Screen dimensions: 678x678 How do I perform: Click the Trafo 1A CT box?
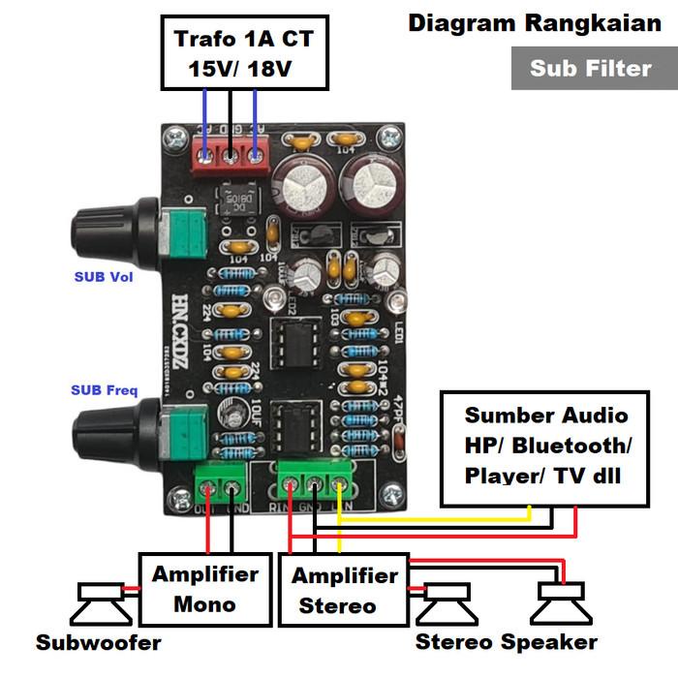[x=244, y=54]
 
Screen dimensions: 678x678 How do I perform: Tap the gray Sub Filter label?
[x=590, y=68]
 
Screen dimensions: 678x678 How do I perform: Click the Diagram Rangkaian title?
[x=534, y=23]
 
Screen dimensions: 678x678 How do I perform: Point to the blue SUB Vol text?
[x=104, y=276]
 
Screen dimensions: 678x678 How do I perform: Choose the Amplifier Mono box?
[x=204, y=589]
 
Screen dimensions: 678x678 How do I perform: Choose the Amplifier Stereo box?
[x=345, y=589]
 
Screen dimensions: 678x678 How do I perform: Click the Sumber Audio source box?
[x=545, y=447]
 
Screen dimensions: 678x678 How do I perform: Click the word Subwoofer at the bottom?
[x=98, y=642]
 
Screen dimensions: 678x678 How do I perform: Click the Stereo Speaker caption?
[x=506, y=642]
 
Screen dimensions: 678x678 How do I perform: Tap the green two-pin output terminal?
[x=219, y=481]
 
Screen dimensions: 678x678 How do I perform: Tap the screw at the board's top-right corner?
[x=390, y=140]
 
